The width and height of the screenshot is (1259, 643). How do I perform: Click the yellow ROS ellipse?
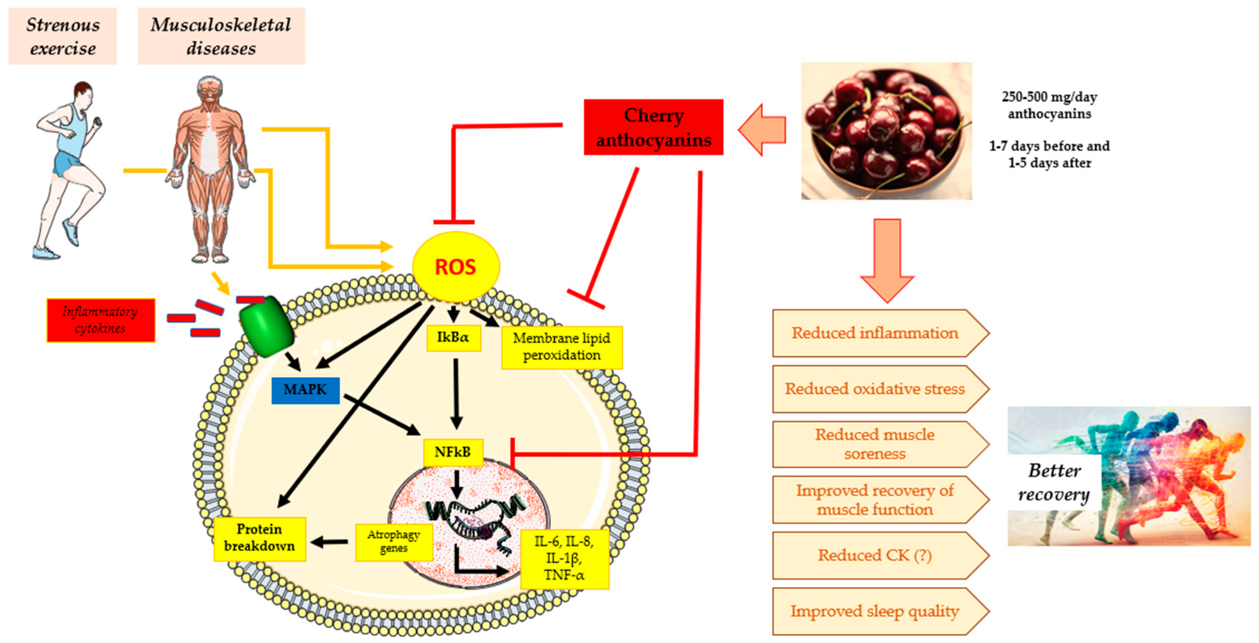456,267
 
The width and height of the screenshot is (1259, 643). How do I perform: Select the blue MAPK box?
306,390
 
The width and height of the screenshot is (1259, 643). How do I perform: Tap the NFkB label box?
453,452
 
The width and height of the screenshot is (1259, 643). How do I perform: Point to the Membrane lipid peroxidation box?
562,347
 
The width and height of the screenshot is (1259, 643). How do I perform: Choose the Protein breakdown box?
260,538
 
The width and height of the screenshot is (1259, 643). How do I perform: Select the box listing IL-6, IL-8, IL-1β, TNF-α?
564,558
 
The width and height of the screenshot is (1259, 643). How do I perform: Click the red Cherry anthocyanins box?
653,127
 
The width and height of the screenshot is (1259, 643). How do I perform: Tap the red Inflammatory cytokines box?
101,320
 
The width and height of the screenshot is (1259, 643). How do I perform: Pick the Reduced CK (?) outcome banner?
875,556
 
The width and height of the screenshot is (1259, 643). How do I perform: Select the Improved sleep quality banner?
875,611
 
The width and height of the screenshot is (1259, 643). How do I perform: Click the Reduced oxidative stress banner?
875,389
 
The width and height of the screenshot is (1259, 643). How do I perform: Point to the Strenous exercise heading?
63,36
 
